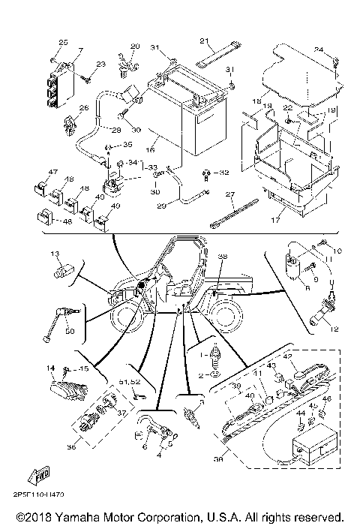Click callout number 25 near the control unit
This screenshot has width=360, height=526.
(x=63, y=41)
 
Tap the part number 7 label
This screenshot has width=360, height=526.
(x=80, y=50)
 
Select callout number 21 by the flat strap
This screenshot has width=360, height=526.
(x=202, y=41)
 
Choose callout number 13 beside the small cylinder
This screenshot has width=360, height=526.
(x=55, y=256)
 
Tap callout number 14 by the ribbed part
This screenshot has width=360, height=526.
(x=51, y=368)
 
